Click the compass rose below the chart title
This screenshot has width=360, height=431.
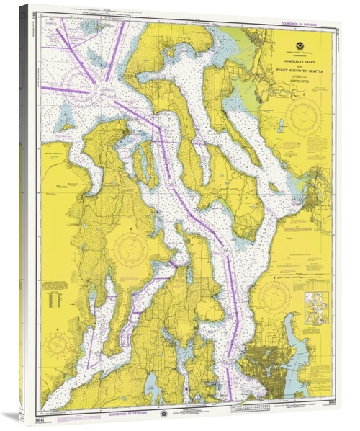300,115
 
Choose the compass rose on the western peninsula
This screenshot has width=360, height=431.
130,249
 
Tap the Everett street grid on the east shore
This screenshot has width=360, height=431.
317,180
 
